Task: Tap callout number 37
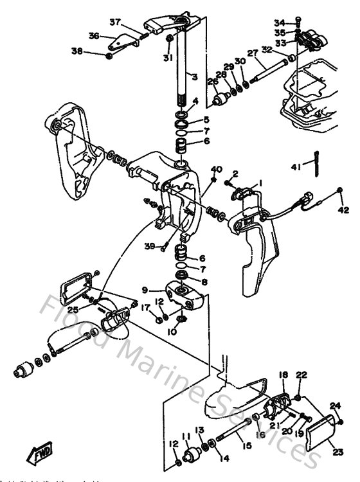pyautogui.click(x=115, y=22)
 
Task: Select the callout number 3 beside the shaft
pyautogui.click(x=193, y=77)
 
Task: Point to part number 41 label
pyautogui.click(x=295, y=168)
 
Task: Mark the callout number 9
pyautogui.click(x=145, y=289)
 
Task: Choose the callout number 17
pyautogui.click(x=145, y=307)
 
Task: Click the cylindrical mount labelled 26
pyautogui.click(x=222, y=100)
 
